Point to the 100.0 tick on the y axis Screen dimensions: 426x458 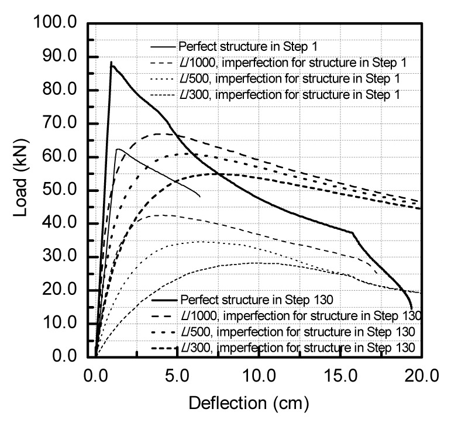(57, 23)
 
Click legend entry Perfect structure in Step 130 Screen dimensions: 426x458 (257, 300)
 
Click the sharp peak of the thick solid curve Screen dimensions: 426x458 (111, 62)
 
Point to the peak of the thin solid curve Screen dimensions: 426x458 (119, 149)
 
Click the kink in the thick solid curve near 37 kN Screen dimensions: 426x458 (353, 233)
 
